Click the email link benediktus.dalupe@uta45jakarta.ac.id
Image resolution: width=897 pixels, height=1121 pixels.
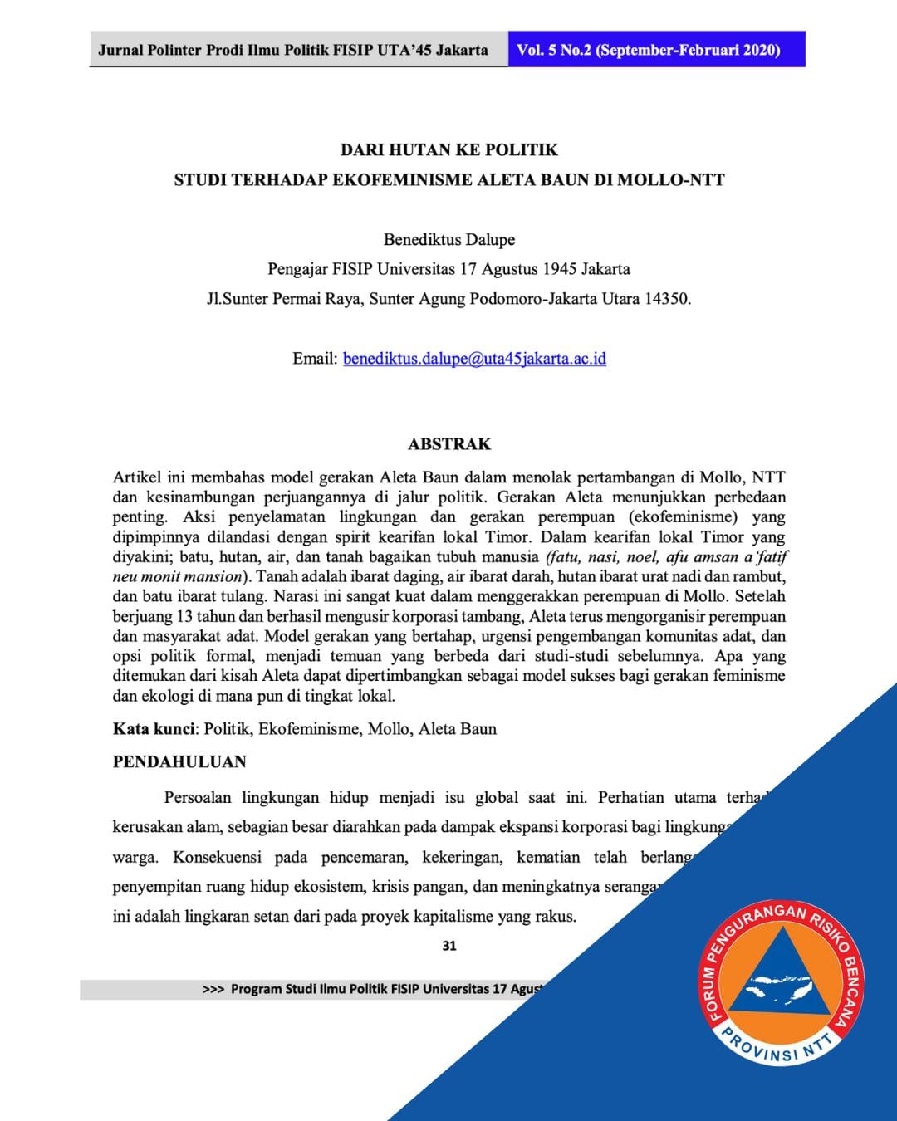(474, 359)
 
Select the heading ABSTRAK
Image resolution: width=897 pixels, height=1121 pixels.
(449, 444)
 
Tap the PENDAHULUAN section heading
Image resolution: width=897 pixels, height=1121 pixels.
(179, 762)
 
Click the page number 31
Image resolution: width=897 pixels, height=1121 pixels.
(449, 946)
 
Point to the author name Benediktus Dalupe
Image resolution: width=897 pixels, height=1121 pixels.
(449, 240)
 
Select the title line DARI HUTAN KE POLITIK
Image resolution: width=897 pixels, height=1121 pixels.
(449, 150)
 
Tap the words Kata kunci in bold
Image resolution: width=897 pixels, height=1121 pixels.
(154, 729)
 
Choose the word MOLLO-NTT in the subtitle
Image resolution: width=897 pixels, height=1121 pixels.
(671, 180)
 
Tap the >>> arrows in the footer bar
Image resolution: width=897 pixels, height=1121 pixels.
(213, 990)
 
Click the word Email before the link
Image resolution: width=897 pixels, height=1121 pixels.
(315, 359)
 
